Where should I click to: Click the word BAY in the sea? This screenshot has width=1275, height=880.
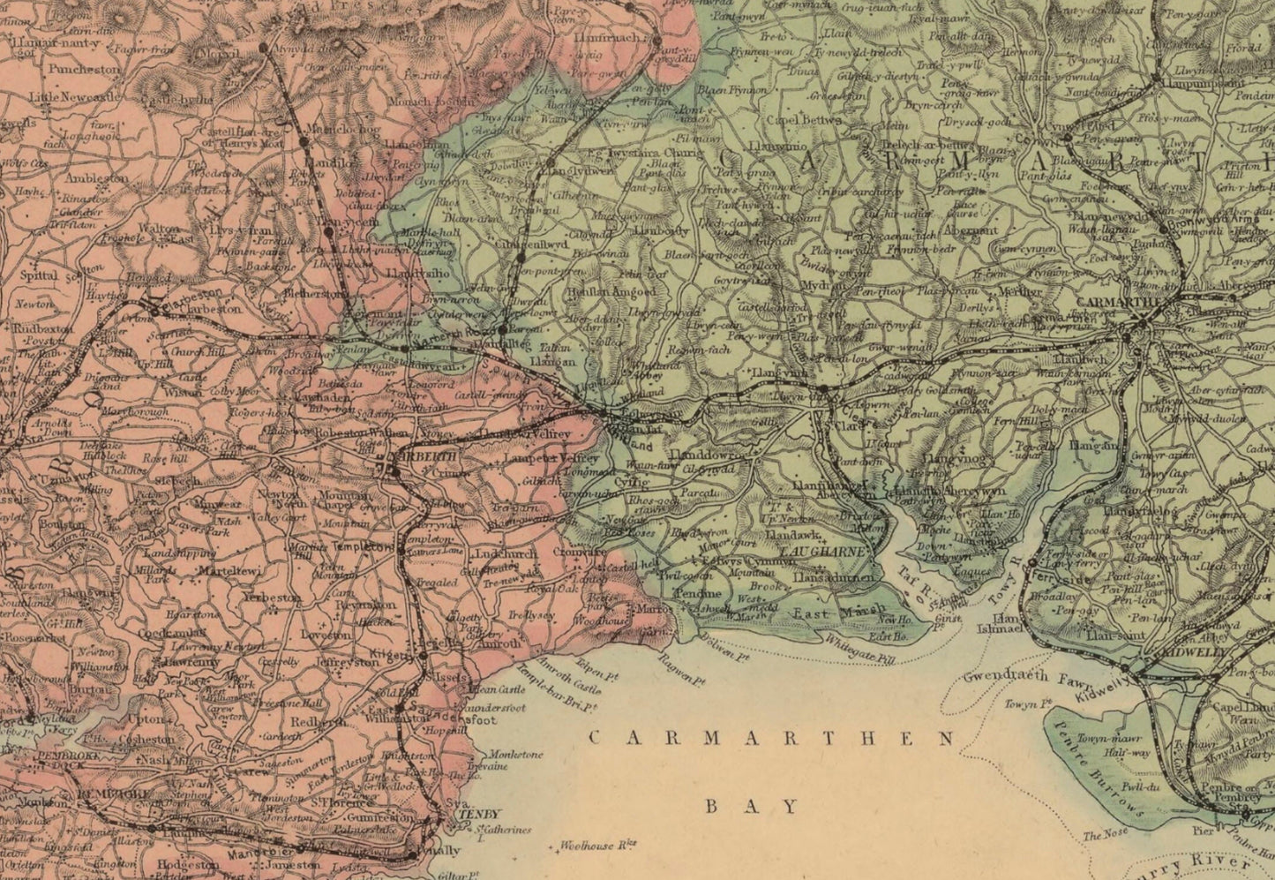[x=753, y=806]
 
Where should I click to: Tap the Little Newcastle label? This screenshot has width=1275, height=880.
[x=72, y=97]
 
